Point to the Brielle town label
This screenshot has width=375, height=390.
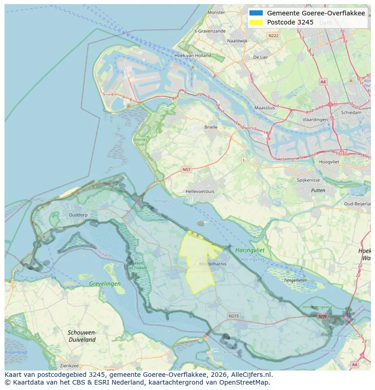(x=211, y=127)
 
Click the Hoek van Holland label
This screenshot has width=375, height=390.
(x=192, y=56)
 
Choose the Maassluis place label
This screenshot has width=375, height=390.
(x=265, y=108)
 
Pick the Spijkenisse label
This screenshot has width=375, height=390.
(x=308, y=180)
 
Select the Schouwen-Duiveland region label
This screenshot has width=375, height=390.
(x=82, y=336)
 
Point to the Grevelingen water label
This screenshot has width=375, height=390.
(x=105, y=284)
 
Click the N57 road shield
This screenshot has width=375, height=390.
(x=186, y=169)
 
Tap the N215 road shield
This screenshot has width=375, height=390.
(x=233, y=316)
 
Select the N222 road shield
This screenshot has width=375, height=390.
(x=273, y=35)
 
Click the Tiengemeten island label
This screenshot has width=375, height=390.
(x=295, y=280)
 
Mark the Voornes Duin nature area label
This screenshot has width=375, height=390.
(x=140, y=142)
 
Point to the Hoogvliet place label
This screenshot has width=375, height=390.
(x=329, y=162)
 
